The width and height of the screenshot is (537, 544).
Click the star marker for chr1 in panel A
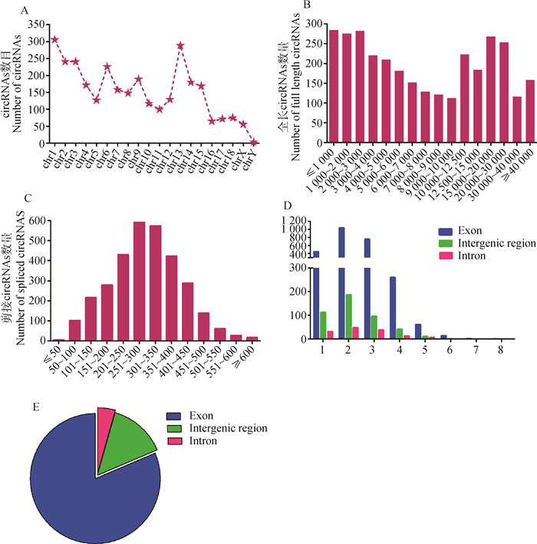pyautogui.click(x=54, y=39)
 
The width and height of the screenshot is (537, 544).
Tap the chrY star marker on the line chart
pyautogui.click(x=253, y=142)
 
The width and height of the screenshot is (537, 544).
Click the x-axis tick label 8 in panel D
pyautogui.click(x=500, y=348)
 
